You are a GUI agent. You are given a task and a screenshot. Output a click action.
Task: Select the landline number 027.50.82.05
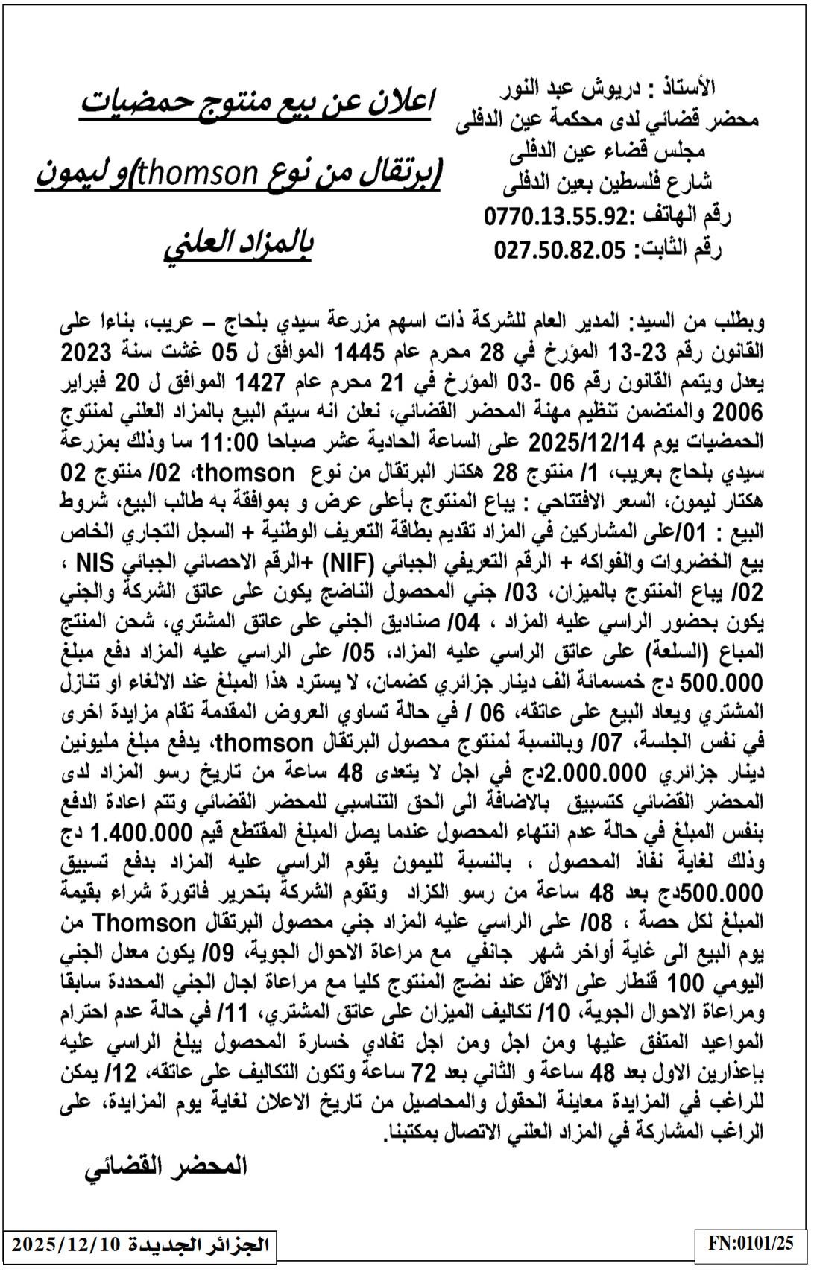(x=560, y=250)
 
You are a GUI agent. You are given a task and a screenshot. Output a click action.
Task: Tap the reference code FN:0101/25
(x=751, y=1242)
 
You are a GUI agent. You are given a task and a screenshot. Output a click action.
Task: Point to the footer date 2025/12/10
(x=66, y=1244)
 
